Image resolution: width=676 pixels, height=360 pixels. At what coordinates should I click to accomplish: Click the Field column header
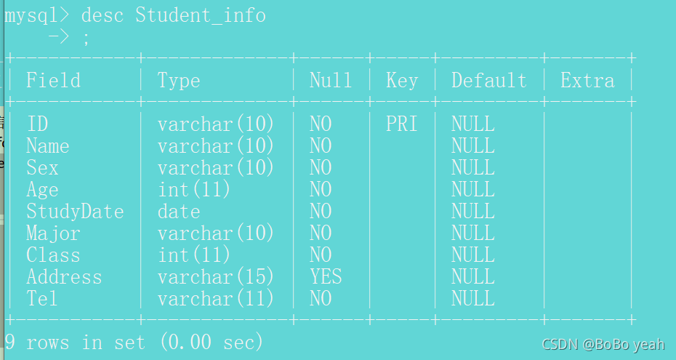click(54, 80)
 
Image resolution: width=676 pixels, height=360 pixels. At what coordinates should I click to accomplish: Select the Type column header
click(179, 81)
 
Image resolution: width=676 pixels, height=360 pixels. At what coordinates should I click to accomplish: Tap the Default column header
click(489, 80)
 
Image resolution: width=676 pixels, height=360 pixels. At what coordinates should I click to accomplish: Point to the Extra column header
click(587, 80)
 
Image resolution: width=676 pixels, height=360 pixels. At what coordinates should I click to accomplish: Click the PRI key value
click(401, 124)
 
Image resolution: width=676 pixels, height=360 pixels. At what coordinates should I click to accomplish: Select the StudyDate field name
click(75, 212)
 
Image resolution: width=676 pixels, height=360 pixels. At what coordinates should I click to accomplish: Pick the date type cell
click(179, 212)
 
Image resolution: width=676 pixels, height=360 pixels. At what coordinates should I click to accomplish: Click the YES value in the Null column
click(326, 276)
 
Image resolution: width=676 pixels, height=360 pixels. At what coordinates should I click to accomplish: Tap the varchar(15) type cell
click(216, 277)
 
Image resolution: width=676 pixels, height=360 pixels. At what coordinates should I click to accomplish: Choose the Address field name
click(64, 277)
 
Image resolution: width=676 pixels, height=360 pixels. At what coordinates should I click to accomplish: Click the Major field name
click(53, 233)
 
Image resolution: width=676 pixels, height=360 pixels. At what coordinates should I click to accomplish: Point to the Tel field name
click(42, 298)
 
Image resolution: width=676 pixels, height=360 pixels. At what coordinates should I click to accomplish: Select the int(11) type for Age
click(193, 190)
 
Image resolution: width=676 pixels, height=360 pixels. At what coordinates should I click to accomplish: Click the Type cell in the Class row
click(193, 255)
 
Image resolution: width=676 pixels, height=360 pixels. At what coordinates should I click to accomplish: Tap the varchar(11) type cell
click(216, 298)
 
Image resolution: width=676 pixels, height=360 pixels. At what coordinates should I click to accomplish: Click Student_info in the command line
click(201, 15)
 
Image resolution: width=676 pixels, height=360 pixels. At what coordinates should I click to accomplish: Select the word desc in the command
click(102, 15)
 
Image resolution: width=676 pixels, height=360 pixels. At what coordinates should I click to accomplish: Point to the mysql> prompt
click(36, 16)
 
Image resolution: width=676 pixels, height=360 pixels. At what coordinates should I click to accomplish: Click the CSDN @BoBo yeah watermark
click(603, 344)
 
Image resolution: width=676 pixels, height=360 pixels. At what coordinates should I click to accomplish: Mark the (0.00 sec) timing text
click(212, 343)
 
